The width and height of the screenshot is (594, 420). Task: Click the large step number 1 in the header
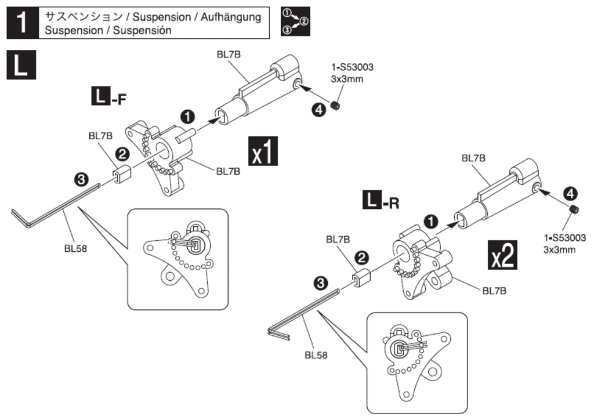23,23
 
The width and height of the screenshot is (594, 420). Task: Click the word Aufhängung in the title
231,17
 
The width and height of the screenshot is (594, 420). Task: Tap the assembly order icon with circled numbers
295,21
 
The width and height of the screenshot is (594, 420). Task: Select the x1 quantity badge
263,151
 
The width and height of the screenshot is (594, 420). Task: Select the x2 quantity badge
502,255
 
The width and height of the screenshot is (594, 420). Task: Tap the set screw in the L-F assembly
335,106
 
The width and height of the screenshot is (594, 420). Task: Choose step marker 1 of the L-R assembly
431,222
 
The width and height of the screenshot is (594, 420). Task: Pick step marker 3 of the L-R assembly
321,283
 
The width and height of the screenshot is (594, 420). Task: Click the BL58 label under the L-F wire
75,248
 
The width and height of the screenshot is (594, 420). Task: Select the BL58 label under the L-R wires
316,355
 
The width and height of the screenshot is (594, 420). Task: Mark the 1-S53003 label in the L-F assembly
352,67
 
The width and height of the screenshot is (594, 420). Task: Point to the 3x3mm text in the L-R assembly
559,250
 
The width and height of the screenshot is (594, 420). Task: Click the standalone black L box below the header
21,65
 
